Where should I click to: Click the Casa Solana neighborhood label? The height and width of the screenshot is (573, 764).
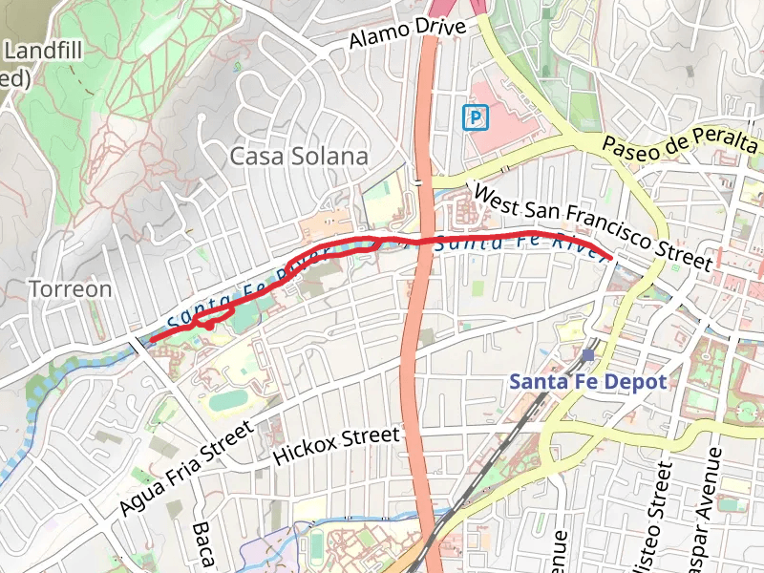[x=299, y=157]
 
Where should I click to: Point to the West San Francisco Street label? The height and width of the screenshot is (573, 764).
[x=592, y=226]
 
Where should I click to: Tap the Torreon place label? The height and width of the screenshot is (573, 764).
[x=70, y=288]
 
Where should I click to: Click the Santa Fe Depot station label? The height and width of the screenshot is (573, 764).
[x=586, y=381]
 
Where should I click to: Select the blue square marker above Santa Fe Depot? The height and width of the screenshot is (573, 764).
[x=586, y=354]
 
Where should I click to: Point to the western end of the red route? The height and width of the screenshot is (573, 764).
[x=152, y=338]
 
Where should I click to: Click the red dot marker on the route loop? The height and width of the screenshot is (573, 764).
[x=208, y=327]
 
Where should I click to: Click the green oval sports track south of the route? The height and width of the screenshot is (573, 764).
[x=228, y=399]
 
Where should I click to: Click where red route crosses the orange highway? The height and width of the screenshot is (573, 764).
[x=420, y=239]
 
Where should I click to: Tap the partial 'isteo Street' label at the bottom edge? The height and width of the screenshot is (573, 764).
[x=655, y=516]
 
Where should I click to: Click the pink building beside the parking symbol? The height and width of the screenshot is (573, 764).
[x=511, y=124]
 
